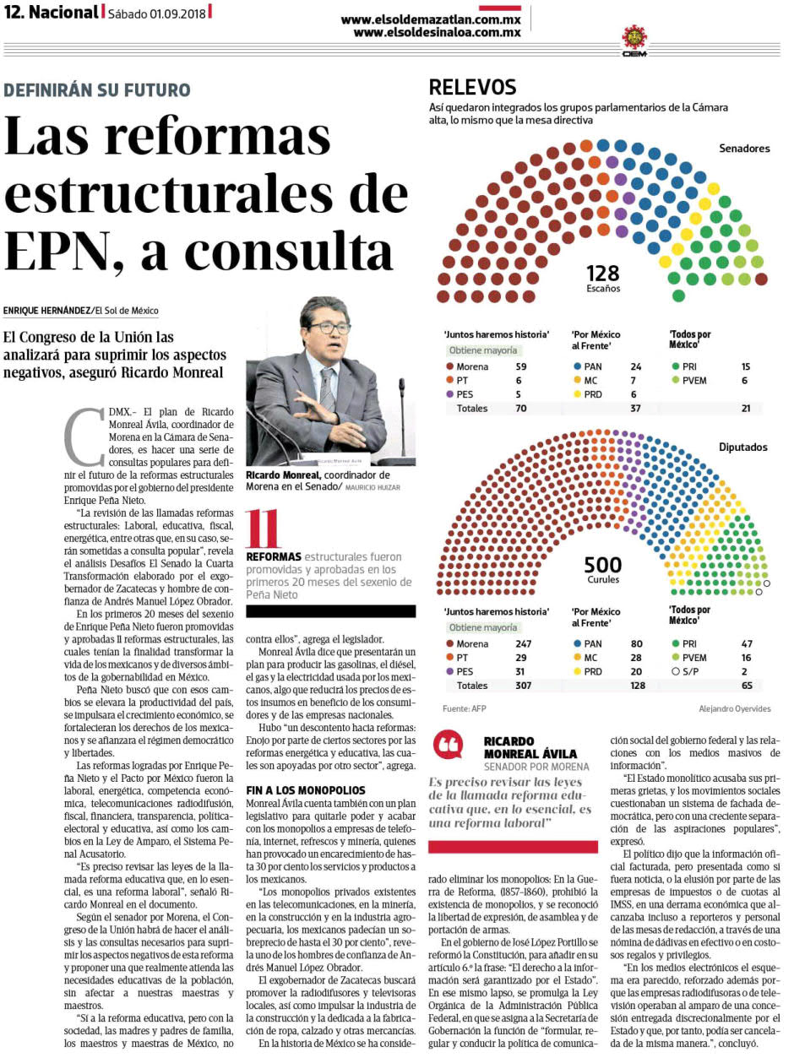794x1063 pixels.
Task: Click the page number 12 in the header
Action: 14,13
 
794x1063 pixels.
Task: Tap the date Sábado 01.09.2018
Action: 156,14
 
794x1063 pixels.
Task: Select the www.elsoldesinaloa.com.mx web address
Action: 437,32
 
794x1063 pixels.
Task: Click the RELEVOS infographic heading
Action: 472,87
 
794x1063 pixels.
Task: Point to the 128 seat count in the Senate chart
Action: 602,274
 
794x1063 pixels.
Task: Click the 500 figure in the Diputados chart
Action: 602,565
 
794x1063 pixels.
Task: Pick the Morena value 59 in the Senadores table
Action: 521,366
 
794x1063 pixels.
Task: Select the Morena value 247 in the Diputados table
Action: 523,643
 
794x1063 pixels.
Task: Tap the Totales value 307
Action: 523,686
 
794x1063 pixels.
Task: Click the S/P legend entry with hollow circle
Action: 685,672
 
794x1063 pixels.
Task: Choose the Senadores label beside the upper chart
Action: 744,149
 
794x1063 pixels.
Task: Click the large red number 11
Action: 263,529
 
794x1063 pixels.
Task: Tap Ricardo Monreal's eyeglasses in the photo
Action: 329,328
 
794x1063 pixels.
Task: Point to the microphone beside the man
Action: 401,412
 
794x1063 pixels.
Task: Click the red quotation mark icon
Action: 449,745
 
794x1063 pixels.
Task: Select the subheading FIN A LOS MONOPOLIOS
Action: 306,790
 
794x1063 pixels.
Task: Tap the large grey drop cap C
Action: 84,437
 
